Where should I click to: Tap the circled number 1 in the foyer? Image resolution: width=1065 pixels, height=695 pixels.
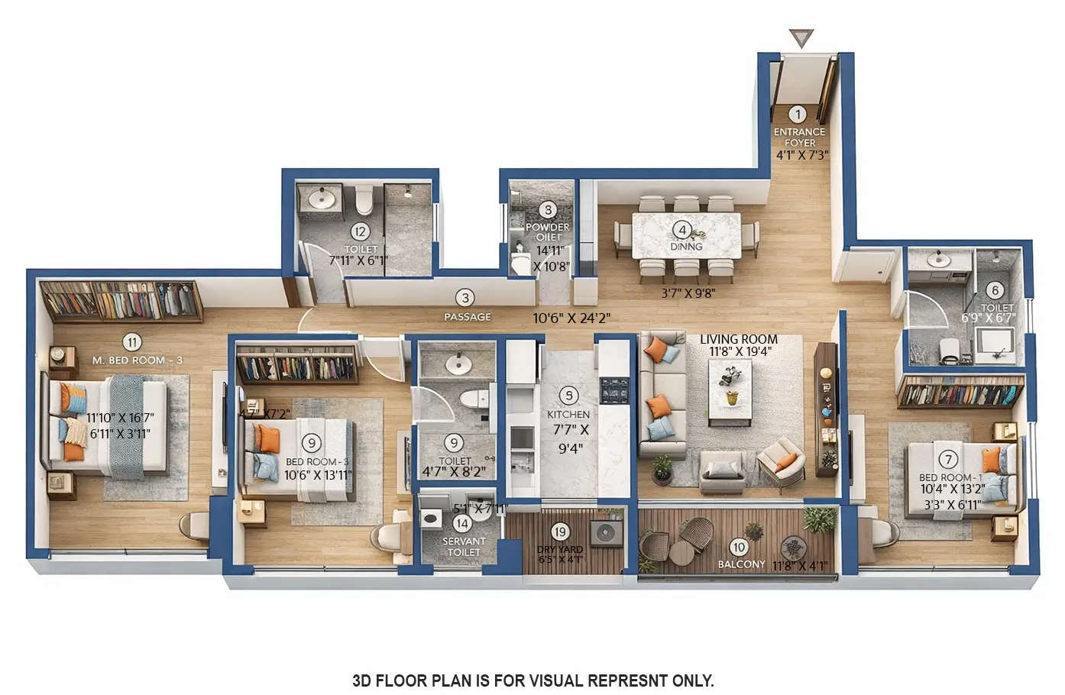pyautogui.click(x=798, y=115)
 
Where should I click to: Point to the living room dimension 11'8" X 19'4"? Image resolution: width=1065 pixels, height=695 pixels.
pyautogui.click(x=740, y=351)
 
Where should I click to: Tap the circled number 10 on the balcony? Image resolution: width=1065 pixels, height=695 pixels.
pyautogui.click(x=738, y=547)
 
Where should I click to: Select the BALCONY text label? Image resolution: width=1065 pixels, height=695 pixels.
pyautogui.click(x=741, y=564)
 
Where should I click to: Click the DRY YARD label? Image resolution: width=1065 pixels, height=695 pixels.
pyautogui.click(x=560, y=549)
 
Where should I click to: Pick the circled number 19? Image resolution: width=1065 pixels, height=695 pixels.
pyautogui.click(x=560, y=532)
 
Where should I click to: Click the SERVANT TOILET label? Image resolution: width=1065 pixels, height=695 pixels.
pyautogui.click(x=464, y=547)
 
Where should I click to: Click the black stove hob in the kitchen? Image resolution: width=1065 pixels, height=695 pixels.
pyautogui.click(x=613, y=390)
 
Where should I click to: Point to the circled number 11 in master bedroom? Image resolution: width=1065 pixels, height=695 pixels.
pyautogui.click(x=133, y=342)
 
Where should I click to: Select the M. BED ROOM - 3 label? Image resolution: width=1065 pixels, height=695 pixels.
pyautogui.click(x=137, y=360)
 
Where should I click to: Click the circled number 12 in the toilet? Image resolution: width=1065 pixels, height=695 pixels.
pyautogui.click(x=360, y=231)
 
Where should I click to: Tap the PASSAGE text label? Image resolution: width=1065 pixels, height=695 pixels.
pyautogui.click(x=468, y=316)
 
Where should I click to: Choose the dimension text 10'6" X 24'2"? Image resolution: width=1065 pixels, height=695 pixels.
pyautogui.click(x=571, y=318)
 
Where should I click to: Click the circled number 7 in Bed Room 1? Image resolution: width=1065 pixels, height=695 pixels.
pyautogui.click(x=948, y=460)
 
